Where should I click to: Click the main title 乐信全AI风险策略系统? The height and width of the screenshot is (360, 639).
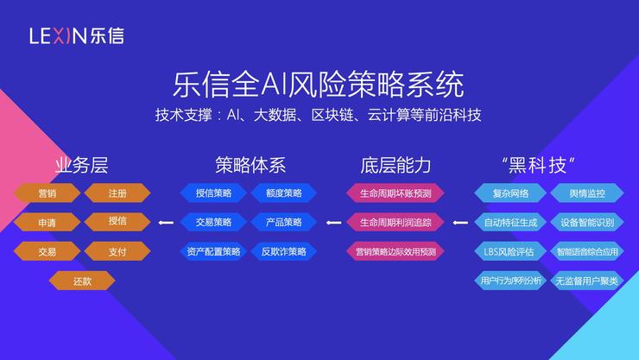click(319, 85)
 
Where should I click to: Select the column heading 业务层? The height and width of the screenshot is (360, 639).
click(81, 164)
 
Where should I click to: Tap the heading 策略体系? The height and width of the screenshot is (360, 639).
click(250, 164)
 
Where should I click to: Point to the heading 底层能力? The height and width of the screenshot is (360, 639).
click(395, 164)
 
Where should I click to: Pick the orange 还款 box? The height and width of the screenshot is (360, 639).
click(82, 280)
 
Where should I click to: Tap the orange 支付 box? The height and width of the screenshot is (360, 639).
click(117, 251)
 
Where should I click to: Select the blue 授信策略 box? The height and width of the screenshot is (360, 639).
click(212, 193)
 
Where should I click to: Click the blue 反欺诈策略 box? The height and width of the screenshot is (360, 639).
click(282, 251)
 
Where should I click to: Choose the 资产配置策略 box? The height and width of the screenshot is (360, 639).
click(212, 251)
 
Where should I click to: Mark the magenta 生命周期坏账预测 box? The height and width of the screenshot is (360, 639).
click(395, 193)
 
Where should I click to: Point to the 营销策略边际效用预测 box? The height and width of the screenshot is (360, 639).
click(395, 251)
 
